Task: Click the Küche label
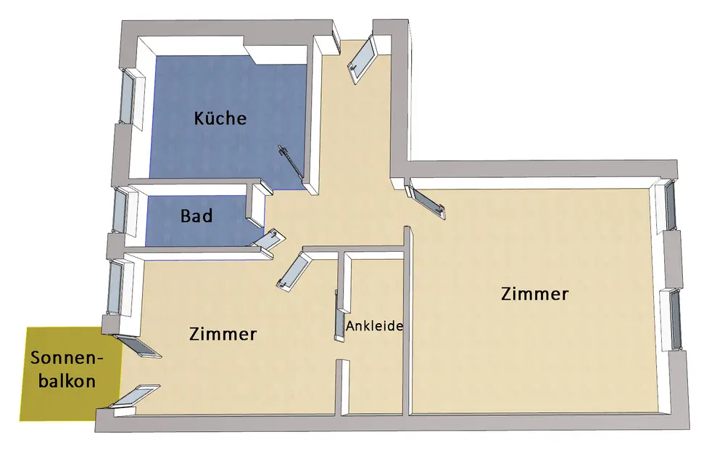point(220,118)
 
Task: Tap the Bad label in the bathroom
point(196,216)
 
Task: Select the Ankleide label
point(374,326)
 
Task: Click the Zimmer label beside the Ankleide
point(223,334)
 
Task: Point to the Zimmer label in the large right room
point(534,294)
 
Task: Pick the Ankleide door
point(338,316)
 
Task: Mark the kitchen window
point(129,94)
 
